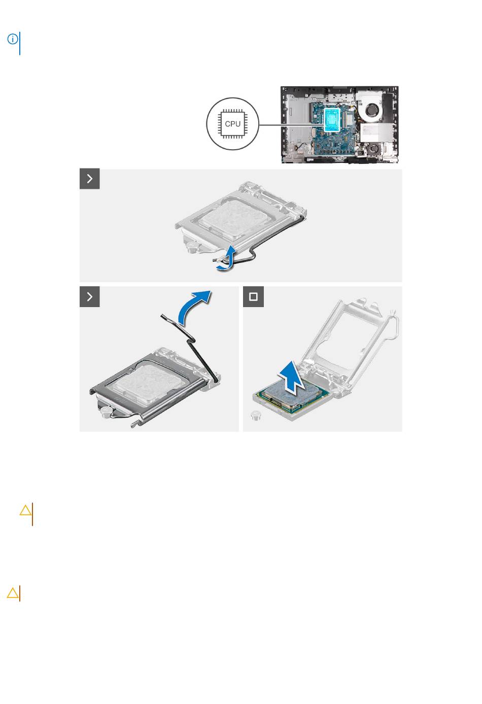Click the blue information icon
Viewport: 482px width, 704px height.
click(x=13, y=39)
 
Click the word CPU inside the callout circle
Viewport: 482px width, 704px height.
click(x=232, y=124)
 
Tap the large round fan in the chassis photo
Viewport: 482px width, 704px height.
click(x=370, y=111)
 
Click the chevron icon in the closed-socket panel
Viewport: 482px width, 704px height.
click(x=89, y=179)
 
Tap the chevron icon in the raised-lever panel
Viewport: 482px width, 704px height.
click(x=89, y=296)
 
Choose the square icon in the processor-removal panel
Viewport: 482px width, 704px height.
click(x=253, y=296)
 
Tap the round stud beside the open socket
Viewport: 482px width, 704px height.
click(x=256, y=416)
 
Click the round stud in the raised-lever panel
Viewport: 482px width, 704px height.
click(x=106, y=410)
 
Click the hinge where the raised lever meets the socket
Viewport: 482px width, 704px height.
click(x=216, y=380)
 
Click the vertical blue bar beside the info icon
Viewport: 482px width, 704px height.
click(x=20, y=43)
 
